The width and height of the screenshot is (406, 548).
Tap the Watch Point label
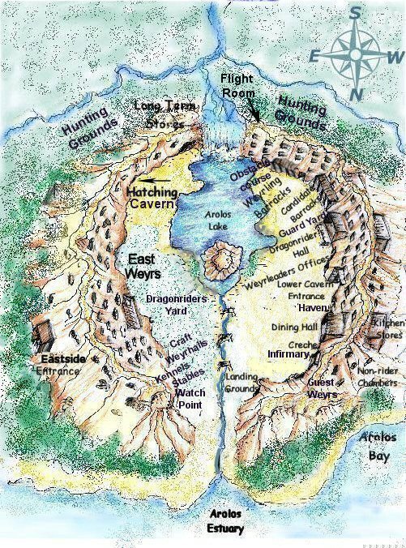click(190, 398)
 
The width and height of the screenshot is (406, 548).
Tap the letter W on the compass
click(395, 57)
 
